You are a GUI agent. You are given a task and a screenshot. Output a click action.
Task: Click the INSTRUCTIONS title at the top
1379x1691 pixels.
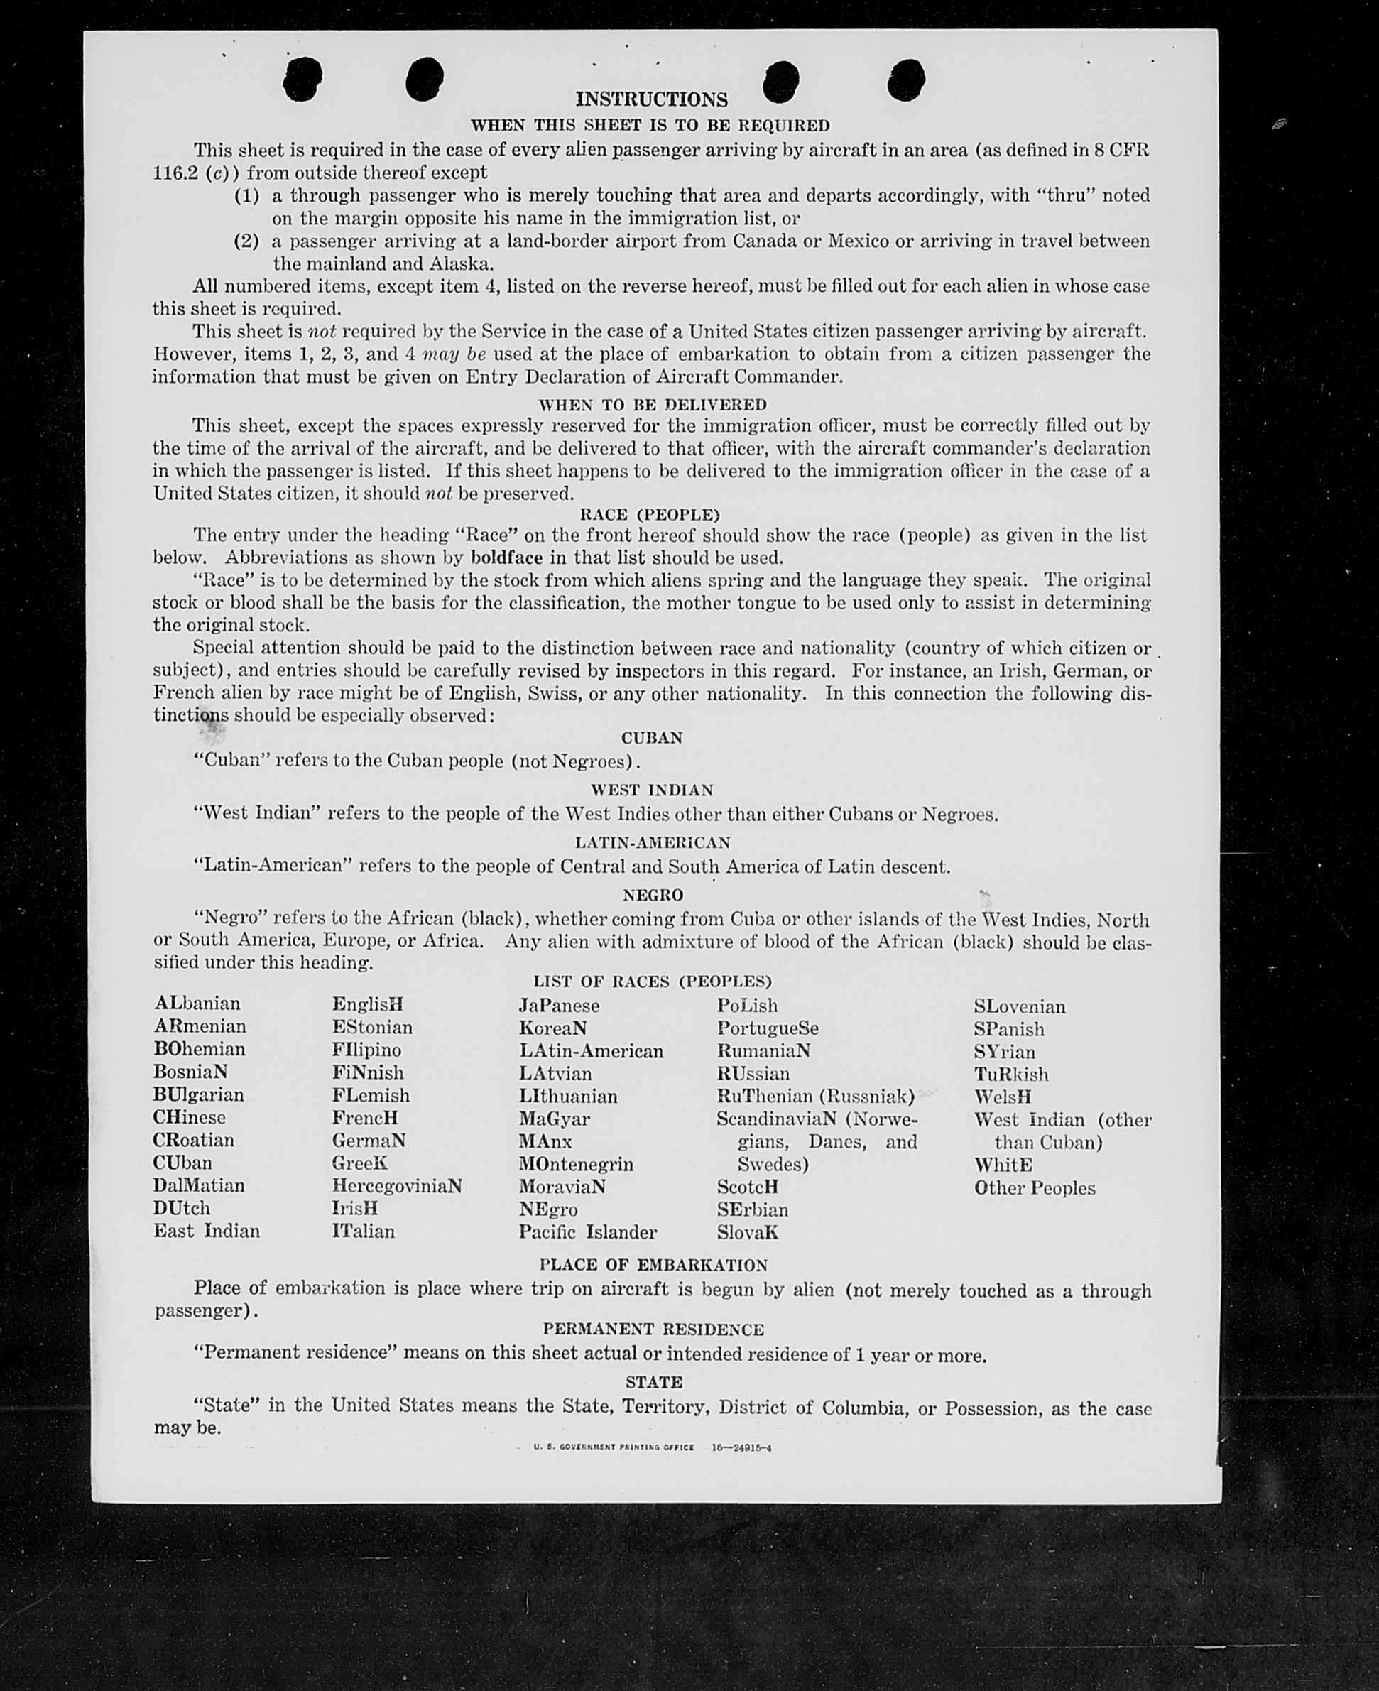tap(650, 99)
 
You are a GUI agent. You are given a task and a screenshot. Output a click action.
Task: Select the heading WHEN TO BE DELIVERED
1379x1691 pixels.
tap(652, 404)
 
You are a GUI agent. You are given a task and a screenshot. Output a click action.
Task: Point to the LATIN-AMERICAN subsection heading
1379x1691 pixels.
tap(652, 842)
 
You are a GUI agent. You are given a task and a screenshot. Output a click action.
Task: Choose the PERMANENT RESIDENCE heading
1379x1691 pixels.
tap(653, 1330)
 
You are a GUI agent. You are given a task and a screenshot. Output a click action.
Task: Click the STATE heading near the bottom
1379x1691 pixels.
tap(653, 1383)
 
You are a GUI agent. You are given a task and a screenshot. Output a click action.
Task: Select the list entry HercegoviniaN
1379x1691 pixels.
tap(396, 1187)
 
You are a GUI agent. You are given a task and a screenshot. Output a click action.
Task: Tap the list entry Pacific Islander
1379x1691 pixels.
tap(587, 1233)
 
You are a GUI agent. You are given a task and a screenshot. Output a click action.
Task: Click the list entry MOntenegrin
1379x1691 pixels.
tap(576, 1165)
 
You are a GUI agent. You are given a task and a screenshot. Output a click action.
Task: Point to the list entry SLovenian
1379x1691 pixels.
tap(1019, 1007)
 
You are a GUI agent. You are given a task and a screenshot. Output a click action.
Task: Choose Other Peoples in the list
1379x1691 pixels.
tap(1034, 1188)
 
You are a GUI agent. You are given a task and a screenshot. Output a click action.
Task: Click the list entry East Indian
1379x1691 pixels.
tap(207, 1231)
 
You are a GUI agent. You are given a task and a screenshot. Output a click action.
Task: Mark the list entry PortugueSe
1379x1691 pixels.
tap(768, 1028)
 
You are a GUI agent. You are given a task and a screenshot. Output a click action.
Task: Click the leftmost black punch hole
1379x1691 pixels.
tap(302, 80)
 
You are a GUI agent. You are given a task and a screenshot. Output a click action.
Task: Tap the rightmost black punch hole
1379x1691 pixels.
tap(905, 80)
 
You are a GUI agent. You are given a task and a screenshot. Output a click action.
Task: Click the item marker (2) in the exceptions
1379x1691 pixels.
tap(246, 241)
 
